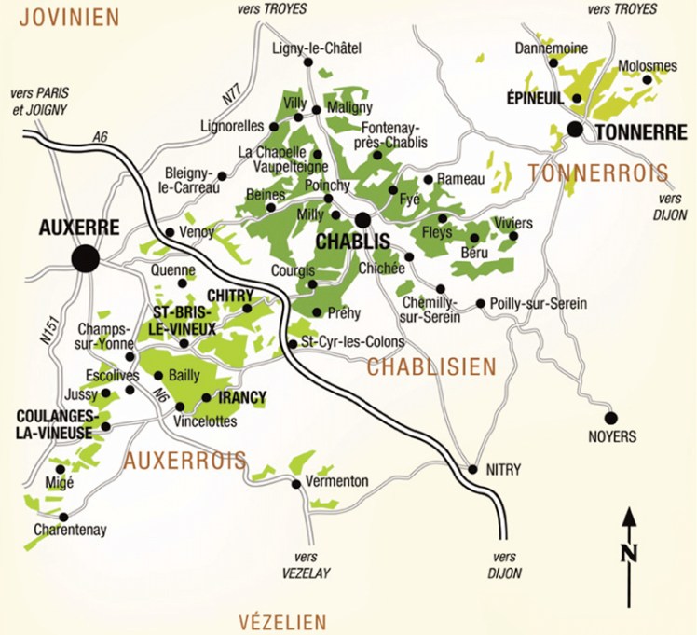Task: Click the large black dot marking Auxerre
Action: pos(86,258)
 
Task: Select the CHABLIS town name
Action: pos(352,241)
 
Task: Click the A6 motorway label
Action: pos(101,137)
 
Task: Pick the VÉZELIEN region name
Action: pos(282,622)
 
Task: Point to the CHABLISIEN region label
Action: pos(431,367)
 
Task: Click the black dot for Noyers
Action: pos(611,418)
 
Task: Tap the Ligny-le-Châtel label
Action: pos(316,48)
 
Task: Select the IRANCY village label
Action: pos(241,397)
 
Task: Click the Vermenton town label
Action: pos(336,481)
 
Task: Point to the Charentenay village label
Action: pos(70,530)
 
